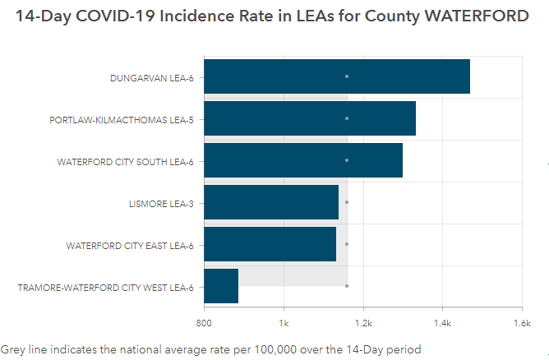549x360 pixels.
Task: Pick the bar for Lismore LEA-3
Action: click(x=271, y=202)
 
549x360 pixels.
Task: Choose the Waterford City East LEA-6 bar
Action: click(x=270, y=244)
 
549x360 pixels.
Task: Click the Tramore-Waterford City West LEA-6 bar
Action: click(x=221, y=286)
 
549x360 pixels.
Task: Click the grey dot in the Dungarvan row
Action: click(x=347, y=76)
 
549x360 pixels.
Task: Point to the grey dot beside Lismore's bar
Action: click(x=347, y=202)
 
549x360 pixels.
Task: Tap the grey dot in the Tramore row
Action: click(x=347, y=286)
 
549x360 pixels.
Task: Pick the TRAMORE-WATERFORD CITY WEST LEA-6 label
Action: click(x=105, y=288)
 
